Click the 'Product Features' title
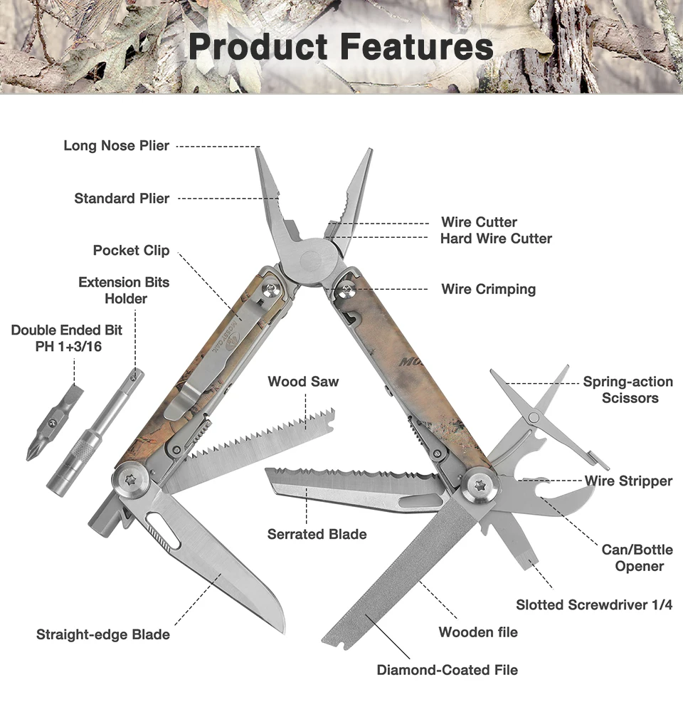[341, 47]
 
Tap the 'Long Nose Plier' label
[117, 146]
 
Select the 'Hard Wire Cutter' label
[496, 239]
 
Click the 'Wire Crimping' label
[488, 289]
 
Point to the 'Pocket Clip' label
[131, 251]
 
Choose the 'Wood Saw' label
[303, 382]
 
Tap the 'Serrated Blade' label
[317, 534]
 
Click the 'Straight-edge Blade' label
[103, 634]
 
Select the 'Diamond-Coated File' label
[447, 670]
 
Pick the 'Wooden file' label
[478, 632]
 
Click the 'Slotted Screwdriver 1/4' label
[594, 605]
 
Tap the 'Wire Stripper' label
[628, 481]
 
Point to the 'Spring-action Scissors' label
[628, 389]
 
